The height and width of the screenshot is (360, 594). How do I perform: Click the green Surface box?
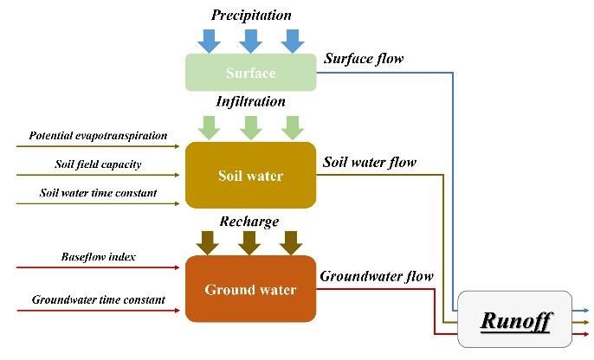[250, 72]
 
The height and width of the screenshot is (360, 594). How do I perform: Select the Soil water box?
[250, 176]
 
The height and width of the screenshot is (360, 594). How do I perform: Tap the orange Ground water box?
[250, 289]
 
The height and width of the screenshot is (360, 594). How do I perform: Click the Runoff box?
[514, 321]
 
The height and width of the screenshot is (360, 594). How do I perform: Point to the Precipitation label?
[251, 15]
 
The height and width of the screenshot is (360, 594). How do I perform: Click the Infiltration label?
[250, 101]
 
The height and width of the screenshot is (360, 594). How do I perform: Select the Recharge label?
[250, 222]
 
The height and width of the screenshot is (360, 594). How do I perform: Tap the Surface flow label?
[364, 59]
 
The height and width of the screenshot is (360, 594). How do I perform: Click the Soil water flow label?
[370, 162]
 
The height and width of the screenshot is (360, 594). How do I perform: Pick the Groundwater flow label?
[377, 277]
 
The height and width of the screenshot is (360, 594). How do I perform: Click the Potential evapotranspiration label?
[98, 136]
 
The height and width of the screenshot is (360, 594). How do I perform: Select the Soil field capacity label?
[98, 164]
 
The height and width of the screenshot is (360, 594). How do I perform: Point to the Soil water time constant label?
[98, 193]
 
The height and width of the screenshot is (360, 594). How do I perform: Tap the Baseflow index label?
[98, 257]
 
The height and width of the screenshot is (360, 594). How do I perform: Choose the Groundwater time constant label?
[98, 300]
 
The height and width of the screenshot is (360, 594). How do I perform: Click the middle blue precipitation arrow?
[251, 40]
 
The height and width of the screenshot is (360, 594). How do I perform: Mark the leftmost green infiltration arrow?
[210, 127]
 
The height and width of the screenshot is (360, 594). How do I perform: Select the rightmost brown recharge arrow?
[292, 241]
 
